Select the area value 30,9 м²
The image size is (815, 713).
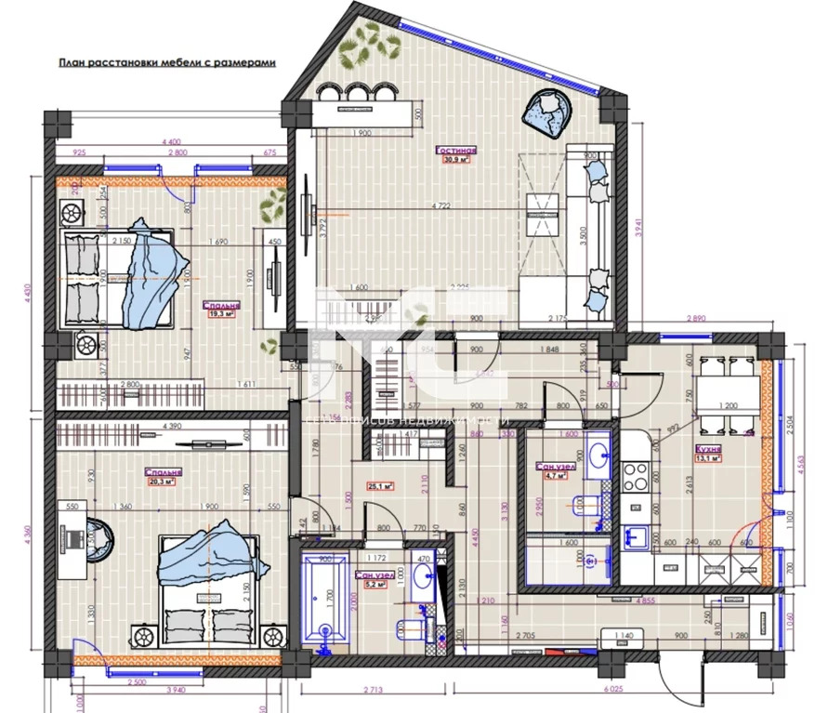[x=456, y=160]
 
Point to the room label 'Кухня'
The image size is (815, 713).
[x=709, y=448]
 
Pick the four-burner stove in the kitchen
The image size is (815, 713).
[x=636, y=476]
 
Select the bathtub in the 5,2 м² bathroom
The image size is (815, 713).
[x=323, y=604]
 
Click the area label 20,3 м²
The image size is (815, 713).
[x=163, y=482]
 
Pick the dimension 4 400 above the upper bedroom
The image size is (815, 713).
[x=173, y=141]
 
